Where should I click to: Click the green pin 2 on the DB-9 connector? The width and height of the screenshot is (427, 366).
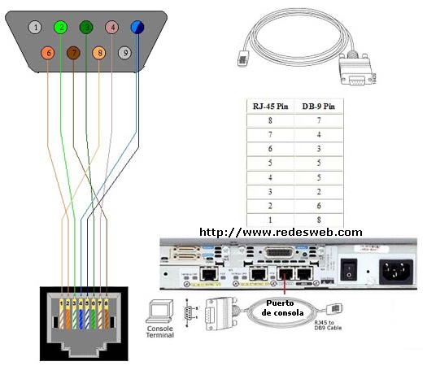point(59,27)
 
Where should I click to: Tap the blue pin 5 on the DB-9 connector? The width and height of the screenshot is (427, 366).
point(137,27)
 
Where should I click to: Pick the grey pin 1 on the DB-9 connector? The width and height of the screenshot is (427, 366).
point(33,27)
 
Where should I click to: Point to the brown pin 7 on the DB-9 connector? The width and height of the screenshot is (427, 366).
point(73,54)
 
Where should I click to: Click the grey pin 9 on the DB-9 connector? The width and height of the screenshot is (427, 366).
point(124,54)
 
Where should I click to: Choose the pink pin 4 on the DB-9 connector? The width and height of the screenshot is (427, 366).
point(111,27)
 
